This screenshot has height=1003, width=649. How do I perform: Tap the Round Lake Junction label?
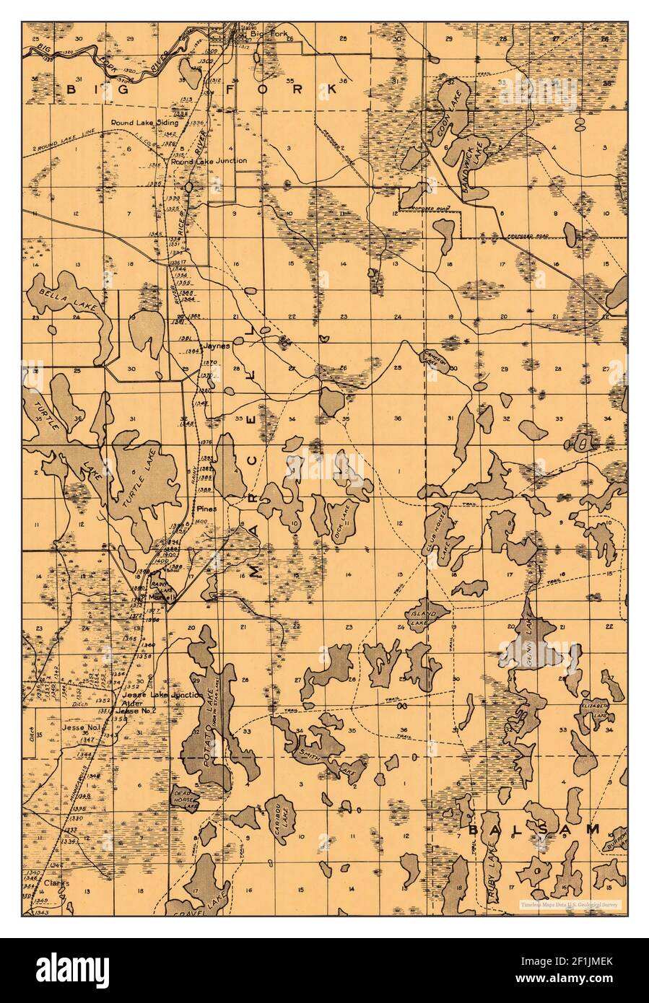209,161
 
